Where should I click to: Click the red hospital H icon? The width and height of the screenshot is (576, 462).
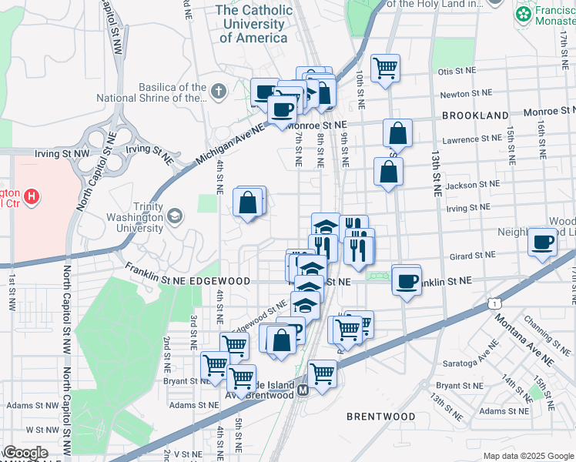click(x=31, y=197)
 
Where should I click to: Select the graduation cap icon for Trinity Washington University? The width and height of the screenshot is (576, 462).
click(x=175, y=216)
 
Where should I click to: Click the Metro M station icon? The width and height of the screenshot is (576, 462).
click(x=303, y=391)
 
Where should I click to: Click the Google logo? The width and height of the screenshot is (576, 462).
click(x=25, y=453)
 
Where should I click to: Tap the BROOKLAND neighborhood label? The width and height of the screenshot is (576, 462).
click(x=475, y=115)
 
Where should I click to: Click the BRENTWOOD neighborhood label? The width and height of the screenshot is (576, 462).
click(x=380, y=417)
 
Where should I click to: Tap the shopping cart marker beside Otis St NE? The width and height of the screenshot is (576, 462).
click(x=385, y=67)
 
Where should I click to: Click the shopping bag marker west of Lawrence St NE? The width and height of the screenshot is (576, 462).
click(x=397, y=133)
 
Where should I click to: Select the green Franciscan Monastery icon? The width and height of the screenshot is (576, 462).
click(x=523, y=14)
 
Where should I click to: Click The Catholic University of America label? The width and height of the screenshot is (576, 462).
click(x=253, y=24)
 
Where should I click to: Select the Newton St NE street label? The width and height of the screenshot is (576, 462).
click(x=465, y=94)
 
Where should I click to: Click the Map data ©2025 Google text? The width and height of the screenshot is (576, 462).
click(x=528, y=456)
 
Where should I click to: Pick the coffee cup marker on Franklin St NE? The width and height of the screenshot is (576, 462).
click(x=406, y=280)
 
